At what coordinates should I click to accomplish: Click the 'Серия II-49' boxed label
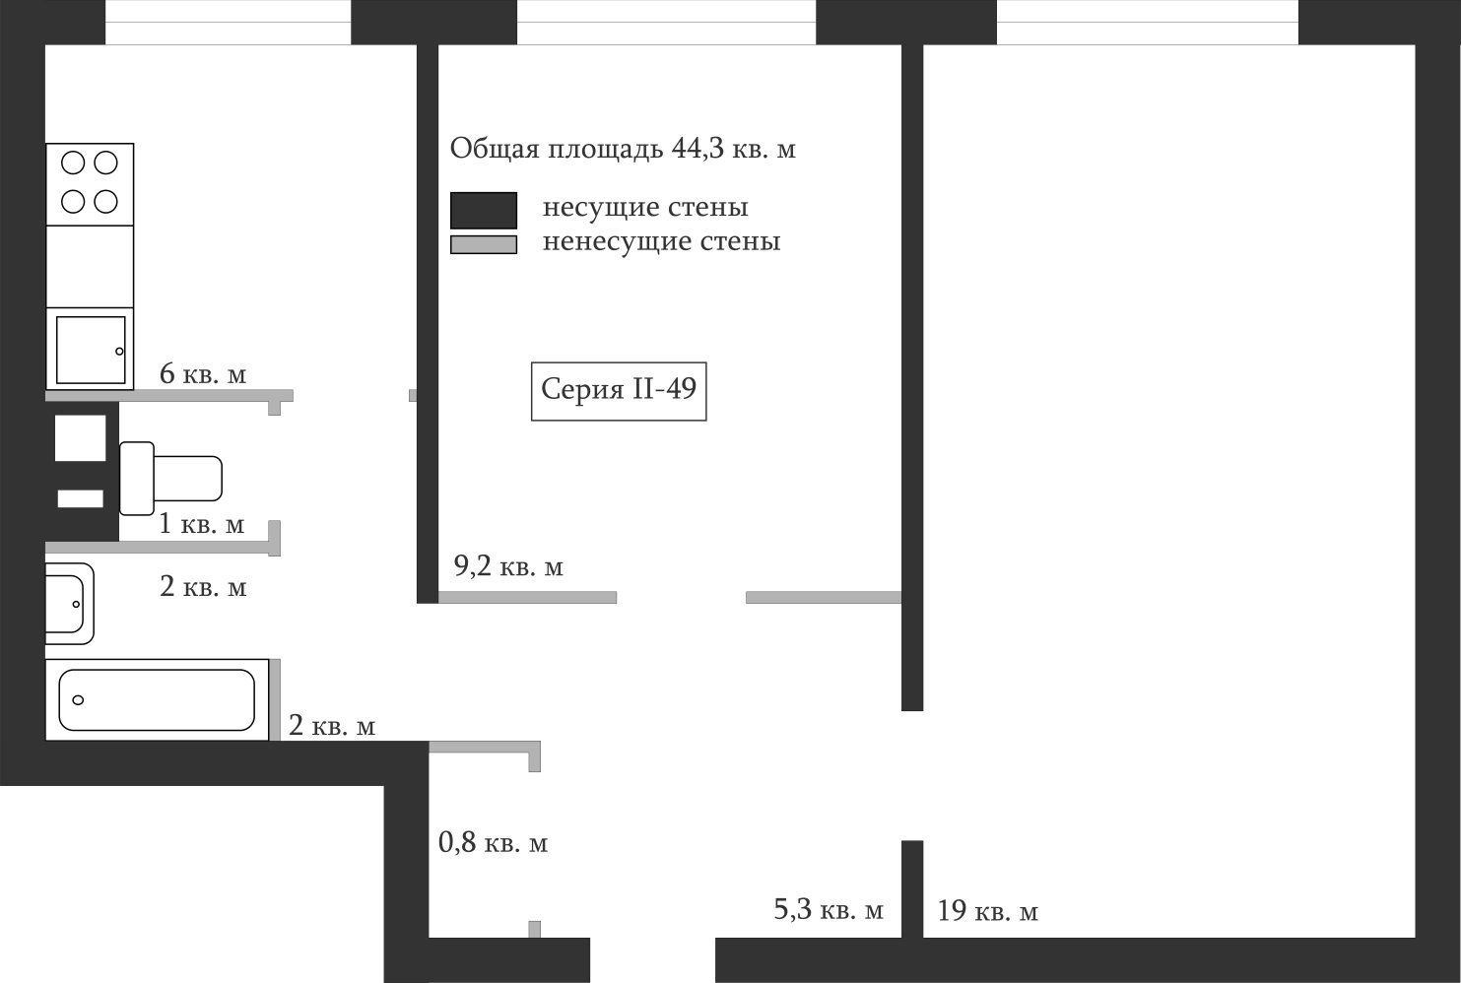619,390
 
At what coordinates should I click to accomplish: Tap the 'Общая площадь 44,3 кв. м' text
622,149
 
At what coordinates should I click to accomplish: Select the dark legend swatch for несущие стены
484,210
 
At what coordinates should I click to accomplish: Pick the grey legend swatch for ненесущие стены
484,244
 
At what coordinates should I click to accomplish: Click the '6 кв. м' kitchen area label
203,374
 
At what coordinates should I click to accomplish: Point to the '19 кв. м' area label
987,911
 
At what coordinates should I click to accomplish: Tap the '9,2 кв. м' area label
508,567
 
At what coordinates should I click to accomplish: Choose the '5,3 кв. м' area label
829,910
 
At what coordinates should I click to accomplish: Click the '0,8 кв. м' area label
493,843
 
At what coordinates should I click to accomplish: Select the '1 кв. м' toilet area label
202,524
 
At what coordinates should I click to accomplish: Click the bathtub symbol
157,700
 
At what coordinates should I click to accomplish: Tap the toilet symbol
170,479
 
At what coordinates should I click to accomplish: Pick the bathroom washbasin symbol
69,603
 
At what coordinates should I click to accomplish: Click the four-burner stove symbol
90,183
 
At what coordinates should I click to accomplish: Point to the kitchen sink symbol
90,350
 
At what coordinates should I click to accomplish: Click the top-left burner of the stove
73,163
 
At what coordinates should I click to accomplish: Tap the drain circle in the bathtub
78,700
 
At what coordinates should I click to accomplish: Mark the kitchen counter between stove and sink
90,266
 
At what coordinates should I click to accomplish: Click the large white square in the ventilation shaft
80,437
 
